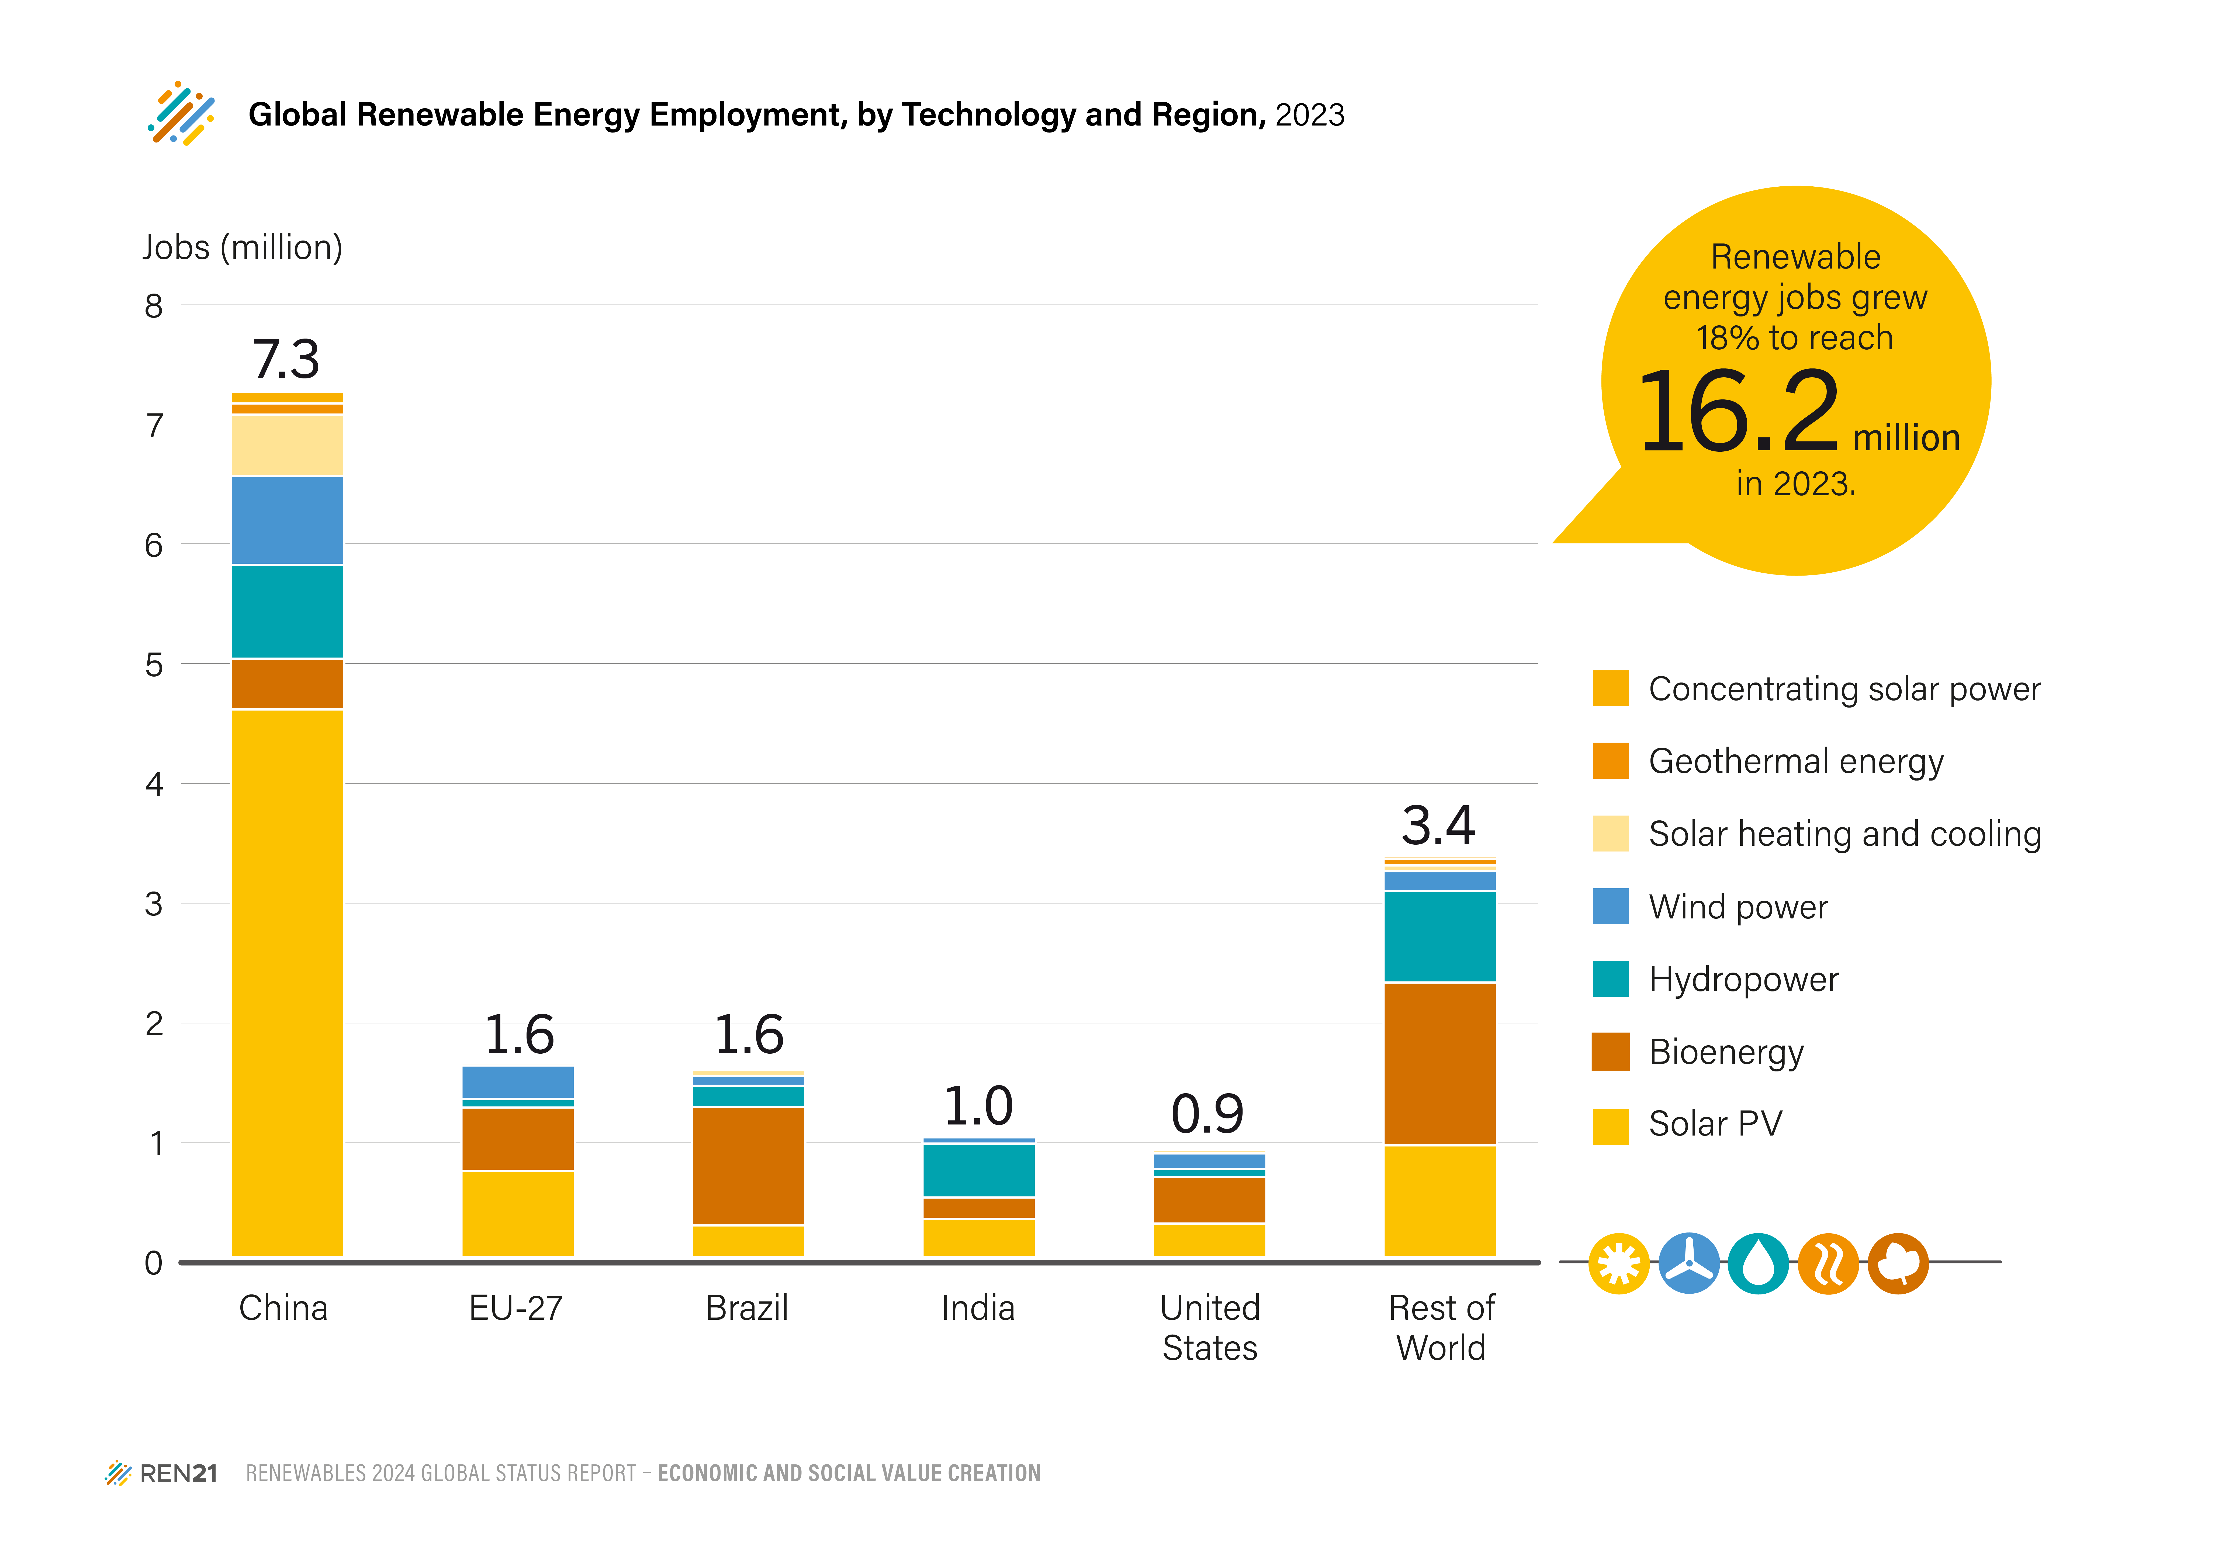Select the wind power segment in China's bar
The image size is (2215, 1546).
tap(288, 520)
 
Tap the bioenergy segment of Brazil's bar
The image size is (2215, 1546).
tap(749, 1166)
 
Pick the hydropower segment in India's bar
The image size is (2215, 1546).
tap(979, 1170)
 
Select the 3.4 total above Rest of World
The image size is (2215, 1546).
tap(1438, 826)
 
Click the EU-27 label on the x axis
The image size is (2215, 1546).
tap(516, 1308)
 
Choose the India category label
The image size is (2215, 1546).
tap(978, 1308)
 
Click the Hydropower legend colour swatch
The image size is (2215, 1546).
tap(1610, 979)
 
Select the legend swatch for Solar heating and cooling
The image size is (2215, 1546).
tap(1610, 833)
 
